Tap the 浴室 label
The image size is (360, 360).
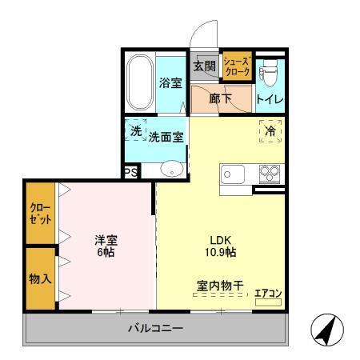pos(170,83)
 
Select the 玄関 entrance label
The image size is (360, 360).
pos(202,66)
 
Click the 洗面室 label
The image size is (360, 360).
pos(166,136)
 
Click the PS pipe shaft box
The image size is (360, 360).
pos(130,171)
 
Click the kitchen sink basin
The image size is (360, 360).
pos(234,174)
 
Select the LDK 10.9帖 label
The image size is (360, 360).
pos(222,246)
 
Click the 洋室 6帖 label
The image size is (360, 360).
pos(106,246)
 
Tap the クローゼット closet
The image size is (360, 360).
pos(39,214)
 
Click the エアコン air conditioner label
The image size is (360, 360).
pos(267,293)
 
